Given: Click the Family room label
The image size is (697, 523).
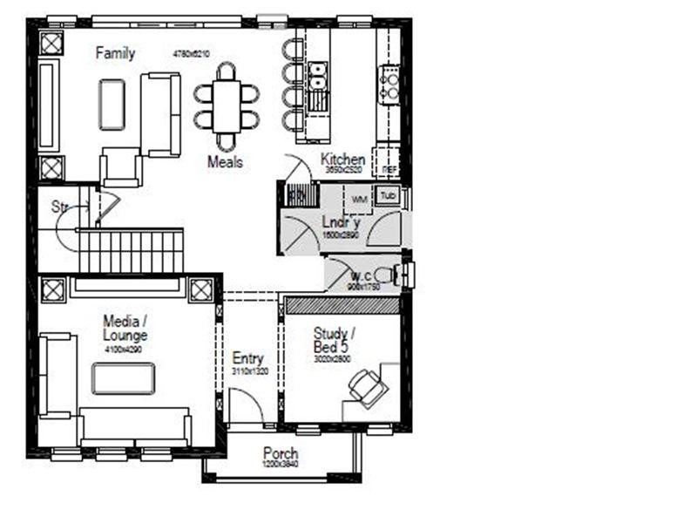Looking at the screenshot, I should [115, 54].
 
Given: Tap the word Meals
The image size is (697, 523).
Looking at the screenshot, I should [225, 162].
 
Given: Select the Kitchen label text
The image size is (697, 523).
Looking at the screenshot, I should [342, 160].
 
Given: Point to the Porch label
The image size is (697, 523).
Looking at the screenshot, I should [281, 454].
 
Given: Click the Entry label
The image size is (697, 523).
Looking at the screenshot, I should [247, 358].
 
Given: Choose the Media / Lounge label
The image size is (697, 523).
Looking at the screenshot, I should [125, 328].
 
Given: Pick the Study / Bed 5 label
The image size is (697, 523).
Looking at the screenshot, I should [332, 341].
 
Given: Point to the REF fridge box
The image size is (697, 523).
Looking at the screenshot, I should [389, 168].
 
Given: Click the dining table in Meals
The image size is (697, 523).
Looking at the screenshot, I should [227, 105].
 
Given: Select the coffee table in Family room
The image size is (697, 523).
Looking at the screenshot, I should [112, 105].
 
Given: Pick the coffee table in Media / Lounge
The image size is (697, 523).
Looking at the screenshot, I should [124, 378].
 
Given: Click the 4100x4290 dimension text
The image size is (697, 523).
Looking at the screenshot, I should [125, 350].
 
